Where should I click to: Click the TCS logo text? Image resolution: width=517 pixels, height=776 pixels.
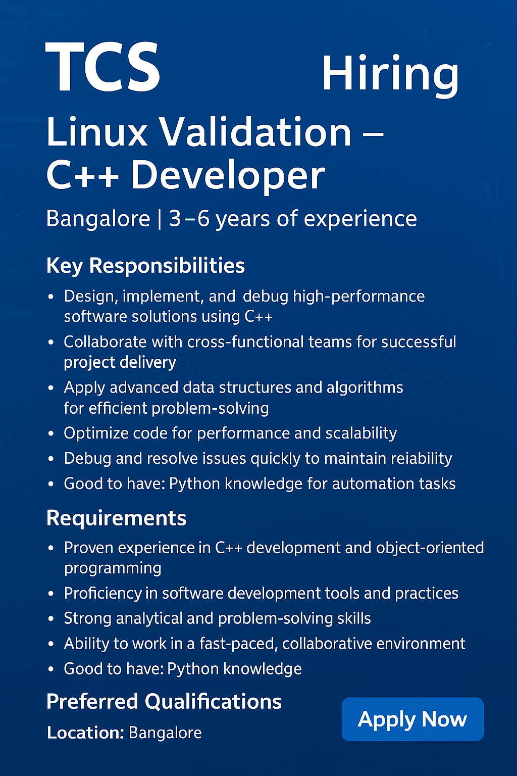point(102,66)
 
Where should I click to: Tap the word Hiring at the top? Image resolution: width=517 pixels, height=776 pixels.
point(390,76)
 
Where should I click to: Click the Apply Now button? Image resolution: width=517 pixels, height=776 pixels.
point(412,719)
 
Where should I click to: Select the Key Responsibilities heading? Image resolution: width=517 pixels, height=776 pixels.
point(145,266)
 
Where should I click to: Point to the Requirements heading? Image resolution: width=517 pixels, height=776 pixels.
point(116,518)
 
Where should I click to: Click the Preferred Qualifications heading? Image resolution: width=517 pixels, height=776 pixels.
point(164,702)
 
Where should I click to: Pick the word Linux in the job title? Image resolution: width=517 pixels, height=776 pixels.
point(96,133)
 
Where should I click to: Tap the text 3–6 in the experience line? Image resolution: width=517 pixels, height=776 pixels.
point(189,219)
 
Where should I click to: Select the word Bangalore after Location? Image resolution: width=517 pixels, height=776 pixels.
point(165,733)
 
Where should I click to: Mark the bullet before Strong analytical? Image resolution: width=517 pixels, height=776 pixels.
point(51,619)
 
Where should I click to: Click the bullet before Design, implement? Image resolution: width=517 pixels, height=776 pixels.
point(51,297)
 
